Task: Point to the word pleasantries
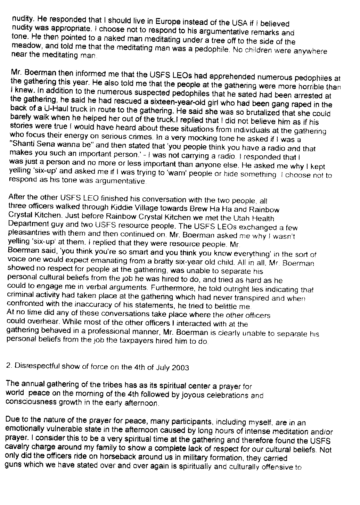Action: point(26,231)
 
